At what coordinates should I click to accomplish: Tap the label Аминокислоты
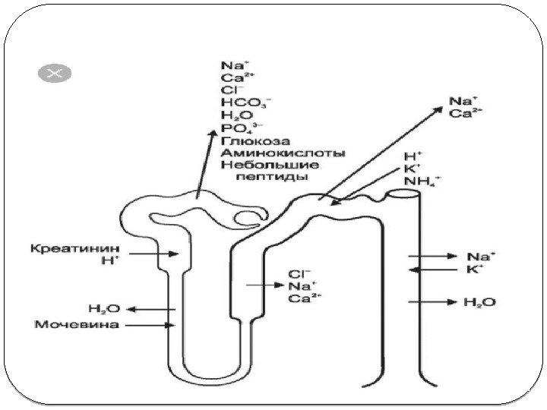(x=283, y=152)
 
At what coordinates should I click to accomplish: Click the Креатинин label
(x=63, y=248)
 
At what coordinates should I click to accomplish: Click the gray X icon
(x=54, y=74)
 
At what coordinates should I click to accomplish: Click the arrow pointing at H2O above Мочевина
(x=152, y=309)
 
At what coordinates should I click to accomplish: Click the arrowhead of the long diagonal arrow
(x=438, y=109)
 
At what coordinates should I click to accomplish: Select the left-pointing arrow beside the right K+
(x=429, y=270)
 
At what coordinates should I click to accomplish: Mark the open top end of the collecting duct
(x=403, y=194)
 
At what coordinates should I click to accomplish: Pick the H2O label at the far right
(x=479, y=303)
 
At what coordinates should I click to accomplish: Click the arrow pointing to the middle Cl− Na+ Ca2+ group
(x=264, y=285)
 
